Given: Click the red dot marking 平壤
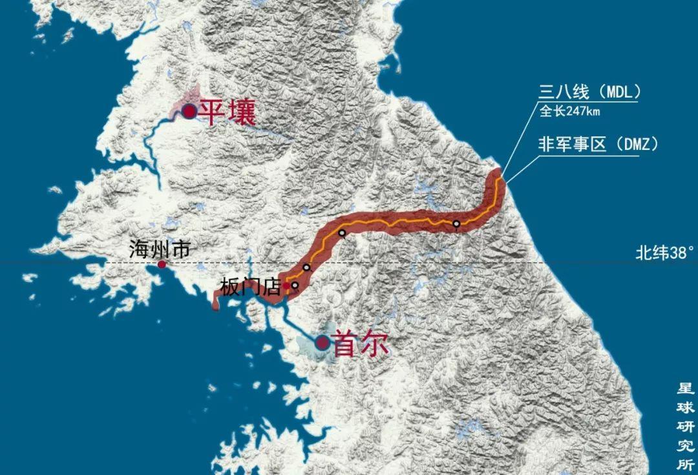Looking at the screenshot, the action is click(x=189, y=112).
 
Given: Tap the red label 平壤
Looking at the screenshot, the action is click(x=227, y=112).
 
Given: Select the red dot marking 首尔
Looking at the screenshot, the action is click(x=322, y=343).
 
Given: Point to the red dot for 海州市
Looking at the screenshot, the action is click(x=162, y=264).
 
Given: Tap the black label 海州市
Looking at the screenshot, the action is click(x=159, y=249).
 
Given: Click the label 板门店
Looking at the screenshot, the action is click(x=251, y=288).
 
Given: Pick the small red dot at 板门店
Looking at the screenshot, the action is click(x=286, y=285).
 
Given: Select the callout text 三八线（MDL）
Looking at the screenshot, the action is click(x=589, y=92).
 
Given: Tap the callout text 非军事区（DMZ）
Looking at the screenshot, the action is click(x=598, y=144).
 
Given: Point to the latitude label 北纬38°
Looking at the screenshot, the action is click(x=664, y=253).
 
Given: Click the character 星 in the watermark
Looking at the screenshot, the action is click(x=685, y=389).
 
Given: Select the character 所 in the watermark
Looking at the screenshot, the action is click(x=685, y=464).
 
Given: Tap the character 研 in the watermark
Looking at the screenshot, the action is click(x=685, y=427).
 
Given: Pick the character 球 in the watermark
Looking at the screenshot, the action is click(x=685, y=408).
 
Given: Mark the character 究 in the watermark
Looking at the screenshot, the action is click(x=685, y=445).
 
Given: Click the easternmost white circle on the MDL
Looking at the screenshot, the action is click(x=456, y=224).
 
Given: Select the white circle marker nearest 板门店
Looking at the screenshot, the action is click(x=295, y=285).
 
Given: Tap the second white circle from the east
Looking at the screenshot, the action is click(x=342, y=233).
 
